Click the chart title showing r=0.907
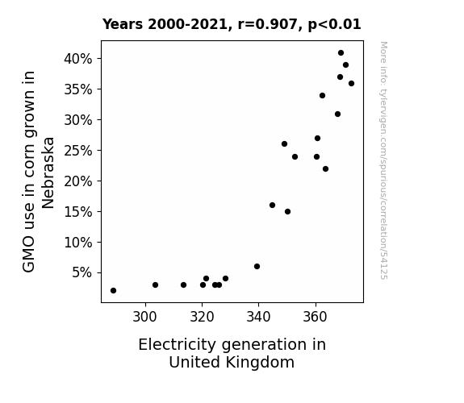coord(232,24)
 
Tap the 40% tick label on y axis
coord(78,59)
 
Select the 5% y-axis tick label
coord(82,272)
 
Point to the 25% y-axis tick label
coord(78,151)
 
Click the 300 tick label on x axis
coord(144,317)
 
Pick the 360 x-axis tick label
coord(315,317)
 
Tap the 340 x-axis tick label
coord(258,317)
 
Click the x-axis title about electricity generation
coord(232,353)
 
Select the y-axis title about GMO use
coord(38,172)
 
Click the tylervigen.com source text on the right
coord(383,160)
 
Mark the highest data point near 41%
coord(341,53)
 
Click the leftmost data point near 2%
coord(113,291)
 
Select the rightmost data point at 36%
coord(351,83)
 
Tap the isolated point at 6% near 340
coord(257,267)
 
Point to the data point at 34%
coord(322,95)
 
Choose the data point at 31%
coord(337,114)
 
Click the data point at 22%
coord(325,168)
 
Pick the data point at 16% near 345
coord(272,206)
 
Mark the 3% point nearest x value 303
coord(156,285)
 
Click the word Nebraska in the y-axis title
coord(48,173)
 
